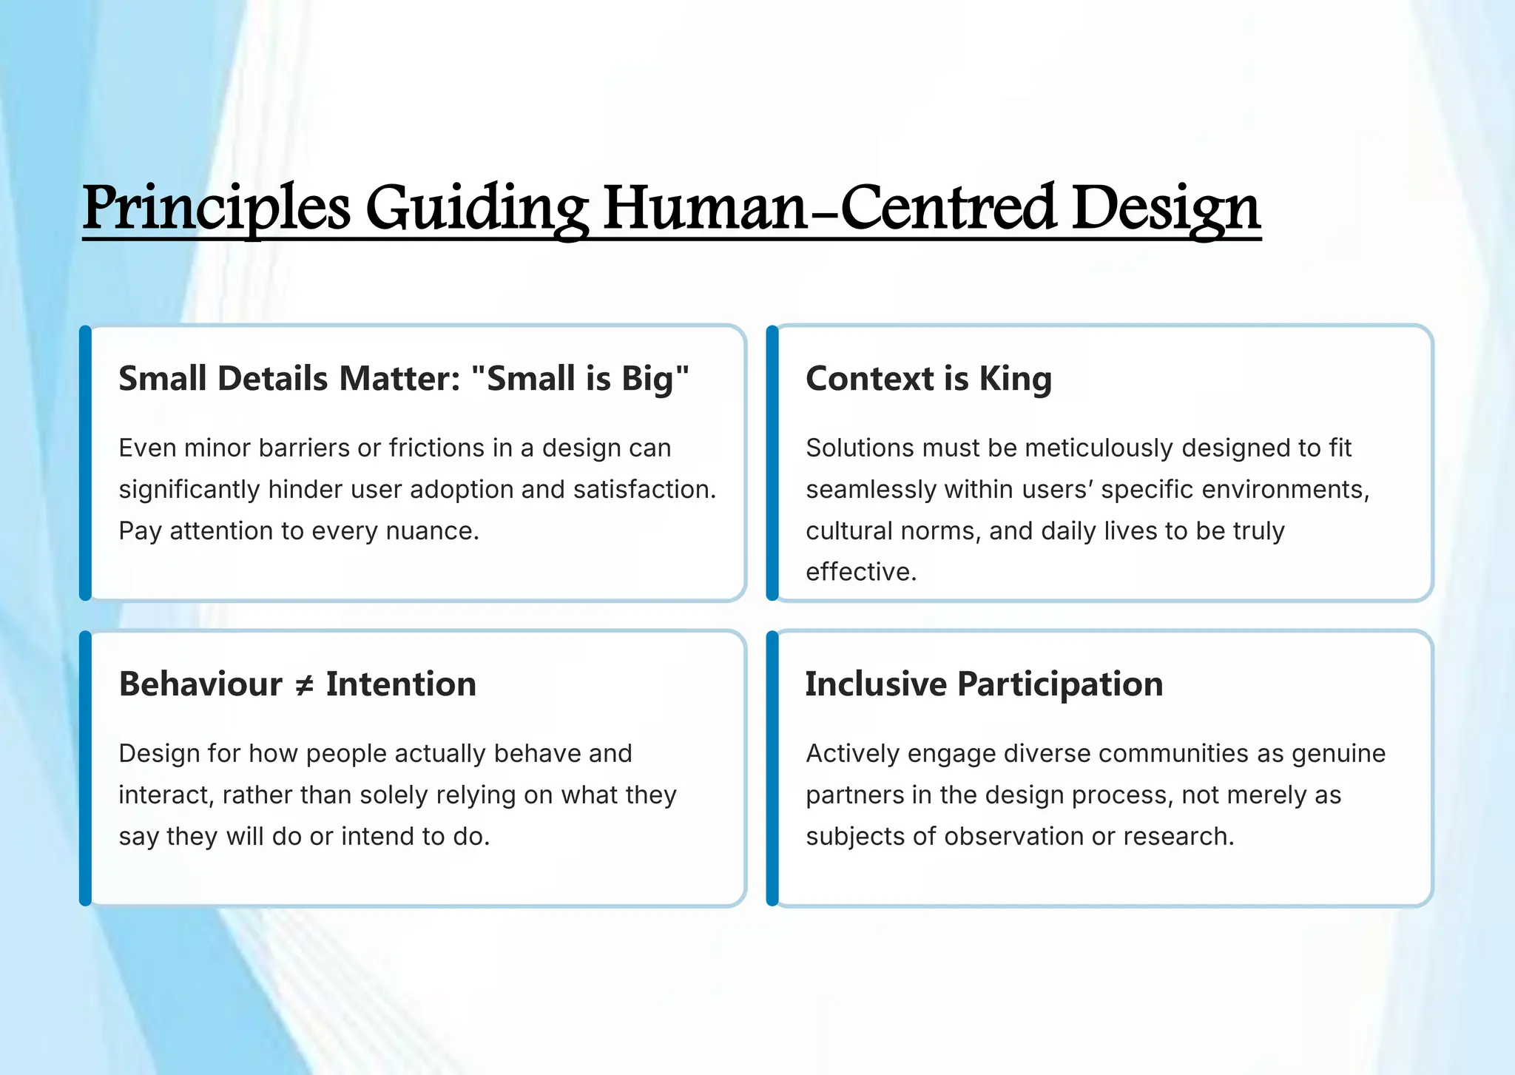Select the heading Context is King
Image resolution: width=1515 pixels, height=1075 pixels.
pyautogui.click(x=928, y=378)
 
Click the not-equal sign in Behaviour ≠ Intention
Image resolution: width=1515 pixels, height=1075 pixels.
pyautogui.click(x=304, y=685)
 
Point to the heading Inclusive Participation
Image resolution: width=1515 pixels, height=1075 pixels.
pyautogui.click(x=984, y=684)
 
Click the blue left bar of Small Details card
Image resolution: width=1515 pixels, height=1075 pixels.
pyautogui.click(x=86, y=462)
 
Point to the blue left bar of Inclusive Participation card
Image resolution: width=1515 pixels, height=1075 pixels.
pyautogui.click(x=772, y=768)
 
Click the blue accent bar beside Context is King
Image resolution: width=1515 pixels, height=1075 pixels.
pyautogui.click(x=772, y=462)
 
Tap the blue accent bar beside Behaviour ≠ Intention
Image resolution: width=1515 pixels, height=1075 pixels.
pyautogui.click(x=86, y=768)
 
